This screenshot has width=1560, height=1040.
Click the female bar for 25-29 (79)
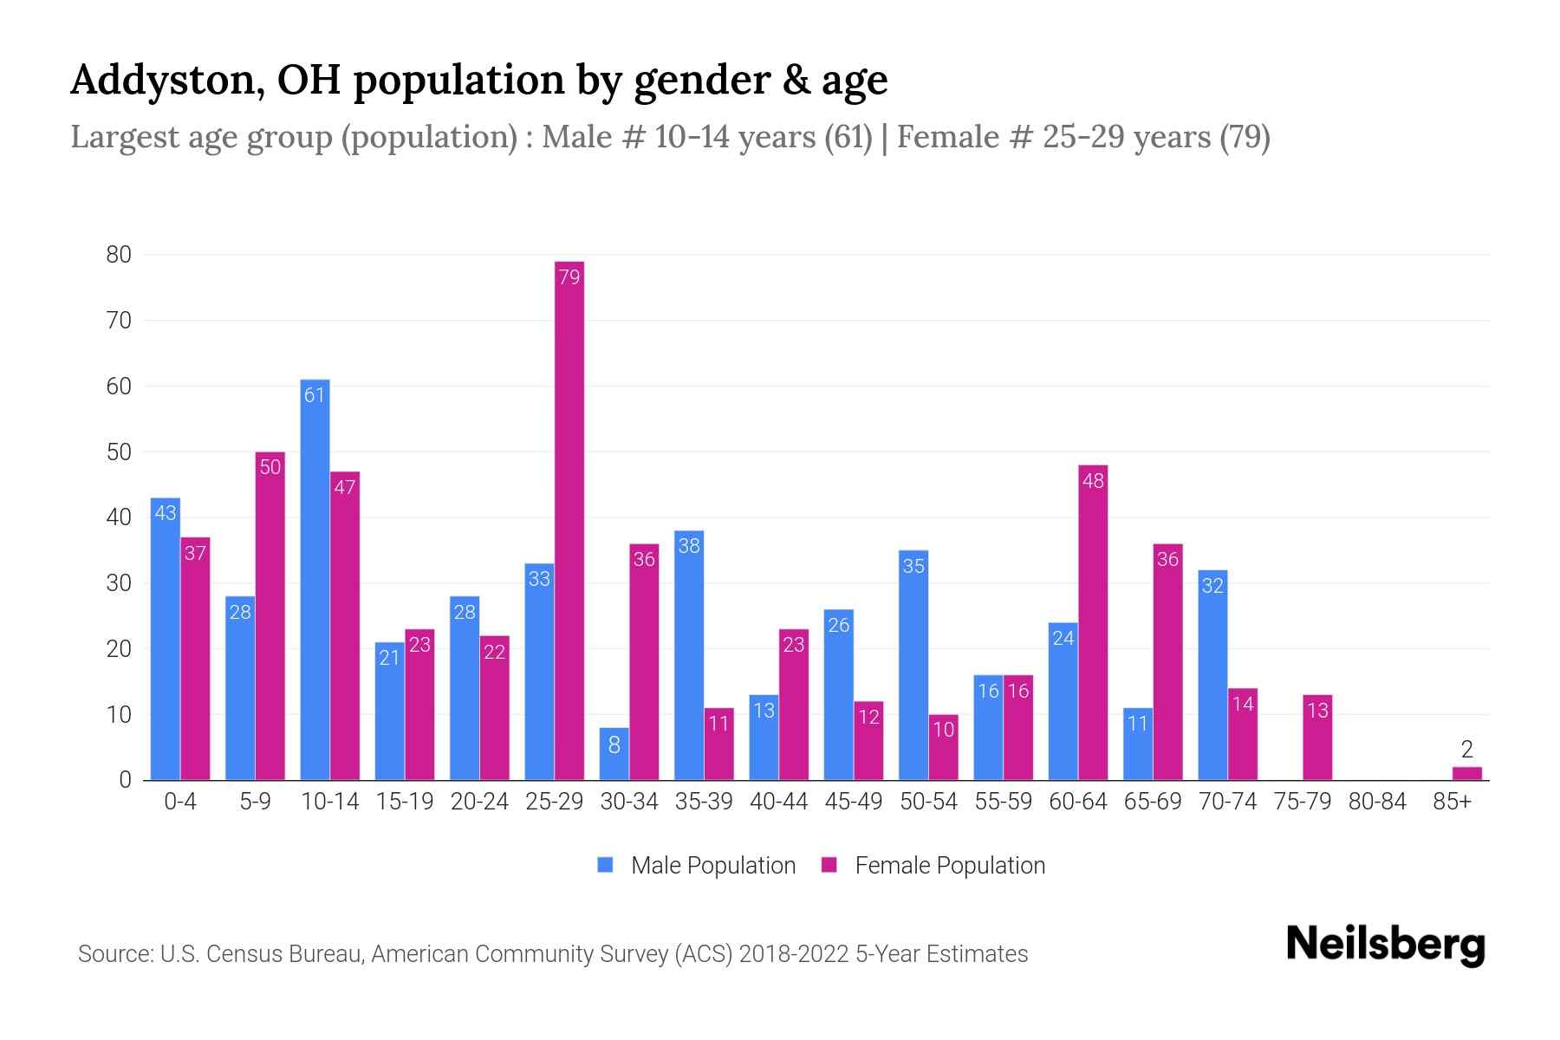pyautogui.click(x=569, y=520)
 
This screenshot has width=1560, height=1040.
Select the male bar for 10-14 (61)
pyautogui.click(x=315, y=581)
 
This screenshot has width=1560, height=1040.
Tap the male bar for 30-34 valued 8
pyautogui.click(x=614, y=754)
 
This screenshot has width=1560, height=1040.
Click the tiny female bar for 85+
pyautogui.click(x=1466, y=773)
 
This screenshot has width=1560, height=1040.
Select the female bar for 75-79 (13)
pyautogui.click(x=1317, y=738)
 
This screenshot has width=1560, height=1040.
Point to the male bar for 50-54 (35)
pyautogui.click(x=913, y=665)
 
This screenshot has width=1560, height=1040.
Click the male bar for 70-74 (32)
pyautogui.click(x=1212, y=675)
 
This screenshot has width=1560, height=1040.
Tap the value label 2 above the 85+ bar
pyautogui.click(x=1466, y=750)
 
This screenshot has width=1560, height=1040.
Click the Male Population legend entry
pyautogui.click(x=697, y=866)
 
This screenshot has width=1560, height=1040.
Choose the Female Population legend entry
pyautogui.click(x=933, y=866)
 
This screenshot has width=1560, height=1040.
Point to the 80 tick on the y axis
pyautogui.click(x=119, y=255)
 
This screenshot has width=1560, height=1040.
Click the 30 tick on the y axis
pyautogui.click(x=119, y=583)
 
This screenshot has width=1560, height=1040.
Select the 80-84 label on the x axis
pyautogui.click(x=1377, y=802)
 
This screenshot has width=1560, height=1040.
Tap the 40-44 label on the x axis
pyautogui.click(x=778, y=802)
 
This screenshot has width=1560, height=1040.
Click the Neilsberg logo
pyautogui.click(x=1385, y=945)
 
